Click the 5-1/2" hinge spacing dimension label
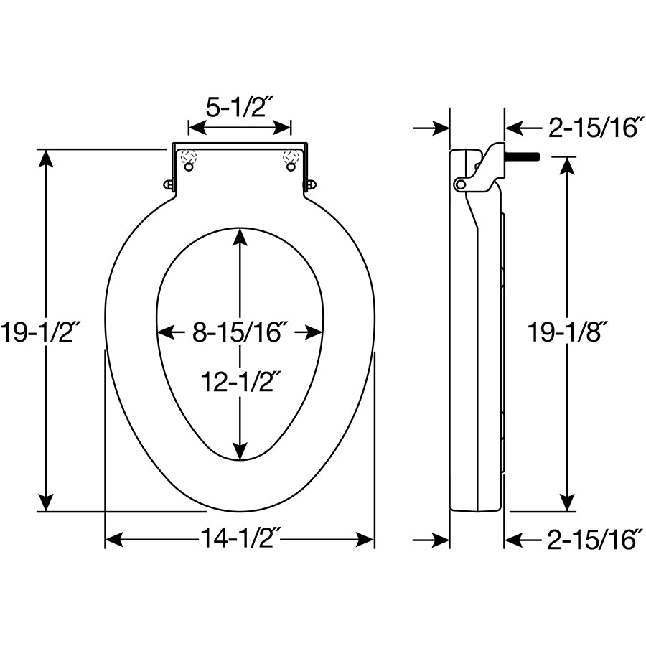239,108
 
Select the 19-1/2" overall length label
40,332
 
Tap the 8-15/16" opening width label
240,332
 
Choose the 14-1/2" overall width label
240,539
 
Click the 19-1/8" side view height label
567,332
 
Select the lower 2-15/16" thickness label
594,539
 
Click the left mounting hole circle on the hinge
189,167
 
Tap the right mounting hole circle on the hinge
291,167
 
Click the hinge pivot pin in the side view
459,184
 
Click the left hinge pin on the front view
168,184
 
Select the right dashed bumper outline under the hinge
291,156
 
